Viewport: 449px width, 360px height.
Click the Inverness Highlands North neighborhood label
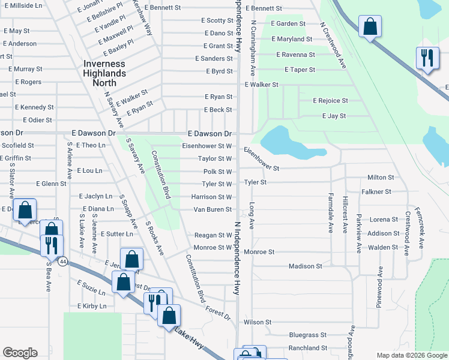tap(104, 73)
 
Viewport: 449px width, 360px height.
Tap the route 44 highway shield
tap(62, 261)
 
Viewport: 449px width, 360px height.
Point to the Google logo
tap(20, 353)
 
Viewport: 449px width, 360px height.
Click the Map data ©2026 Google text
tap(411, 355)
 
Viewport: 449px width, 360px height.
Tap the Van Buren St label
tap(212, 209)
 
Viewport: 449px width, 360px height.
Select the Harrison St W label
tap(211, 197)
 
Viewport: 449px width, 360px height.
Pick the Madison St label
tap(306, 266)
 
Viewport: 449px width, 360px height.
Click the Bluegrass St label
tap(307, 335)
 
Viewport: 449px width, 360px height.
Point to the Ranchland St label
tap(307, 348)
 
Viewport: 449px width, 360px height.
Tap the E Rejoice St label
tap(330, 101)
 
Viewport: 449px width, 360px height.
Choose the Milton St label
tap(380, 178)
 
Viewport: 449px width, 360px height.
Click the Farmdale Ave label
tap(330, 212)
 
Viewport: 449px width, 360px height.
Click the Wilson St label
tap(258, 322)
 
